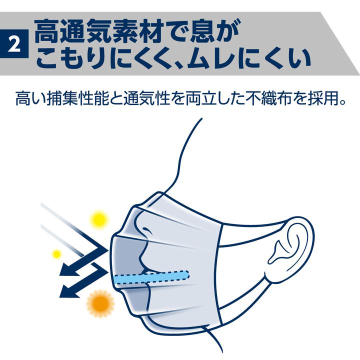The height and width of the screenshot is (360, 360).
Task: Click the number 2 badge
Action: point(14,43)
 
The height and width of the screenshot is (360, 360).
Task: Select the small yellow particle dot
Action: point(56,254)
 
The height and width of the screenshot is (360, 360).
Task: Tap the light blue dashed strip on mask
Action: point(151,277)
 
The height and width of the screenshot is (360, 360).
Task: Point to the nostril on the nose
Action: point(146,229)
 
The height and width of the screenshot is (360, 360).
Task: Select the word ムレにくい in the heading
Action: point(248,59)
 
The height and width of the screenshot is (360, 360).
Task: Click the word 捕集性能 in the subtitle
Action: point(78,99)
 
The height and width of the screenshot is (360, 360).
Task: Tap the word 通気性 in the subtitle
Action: point(146,99)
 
